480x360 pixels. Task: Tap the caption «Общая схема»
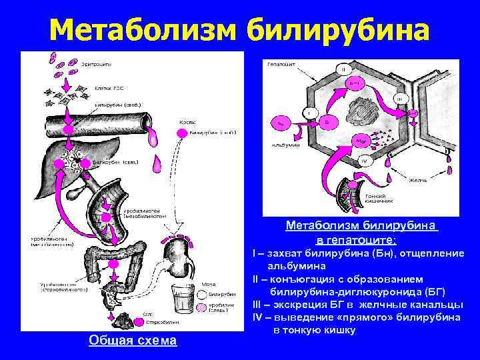(133, 341)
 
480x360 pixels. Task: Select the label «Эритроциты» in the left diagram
(97, 64)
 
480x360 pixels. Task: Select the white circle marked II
(342, 69)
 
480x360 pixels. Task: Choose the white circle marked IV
(364, 160)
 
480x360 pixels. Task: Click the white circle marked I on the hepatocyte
(309, 114)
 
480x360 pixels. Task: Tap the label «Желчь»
(417, 179)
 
